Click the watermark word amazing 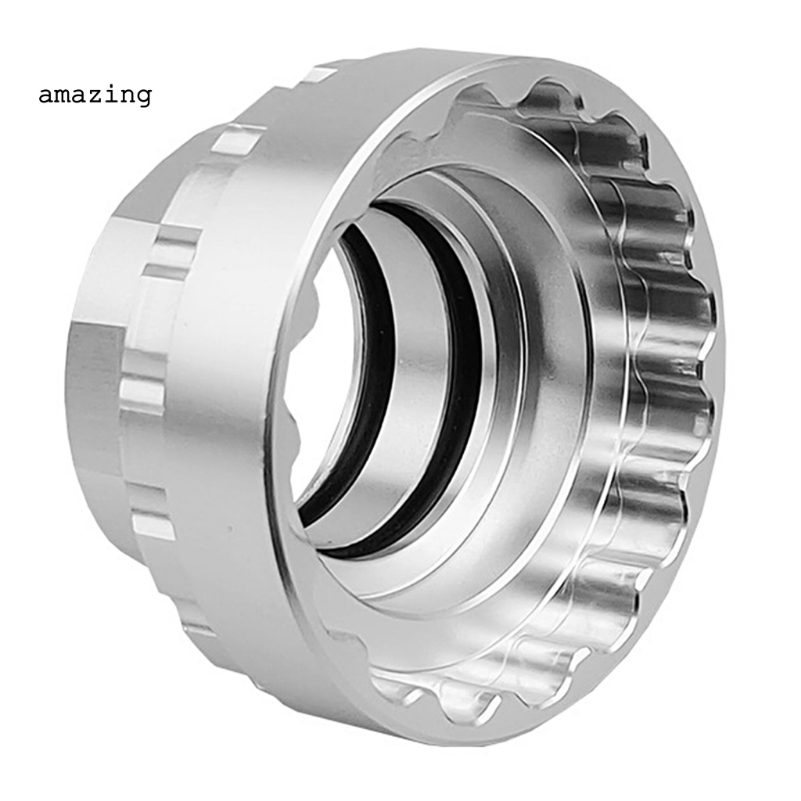coord(95,95)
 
